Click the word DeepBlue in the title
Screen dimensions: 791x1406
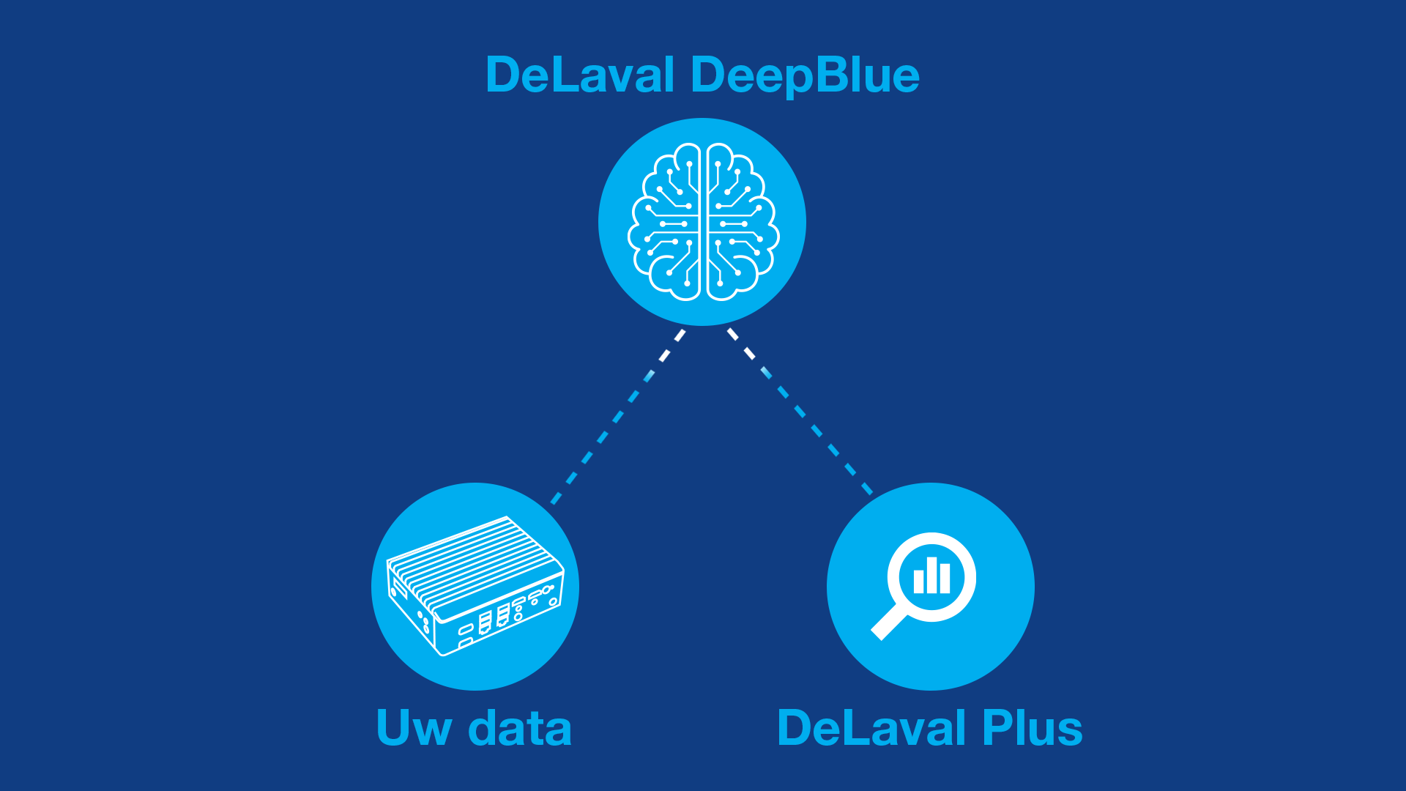[x=805, y=75]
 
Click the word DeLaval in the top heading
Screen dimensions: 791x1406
[x=580, y=75]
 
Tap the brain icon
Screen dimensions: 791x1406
[x=703, y=222]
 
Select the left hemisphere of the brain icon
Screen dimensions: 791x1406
[x=665, y=222]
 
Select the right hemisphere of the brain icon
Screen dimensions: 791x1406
[x=741, y=222]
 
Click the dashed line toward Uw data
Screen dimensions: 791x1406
[x=617, y=417]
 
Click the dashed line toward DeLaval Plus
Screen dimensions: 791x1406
[x=800, y=412]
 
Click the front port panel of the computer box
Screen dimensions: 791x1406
[x=505, y=619]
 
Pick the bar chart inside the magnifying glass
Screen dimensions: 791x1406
[x=932, y=576]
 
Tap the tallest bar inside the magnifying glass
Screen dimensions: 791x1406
[x=932, y=575]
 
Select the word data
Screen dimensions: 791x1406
[x=520, y=728]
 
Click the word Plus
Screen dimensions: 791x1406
[x=1033, y=728]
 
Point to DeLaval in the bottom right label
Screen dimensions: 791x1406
[x=872, y=728]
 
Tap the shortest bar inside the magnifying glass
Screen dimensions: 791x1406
[x=919, y=581]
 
